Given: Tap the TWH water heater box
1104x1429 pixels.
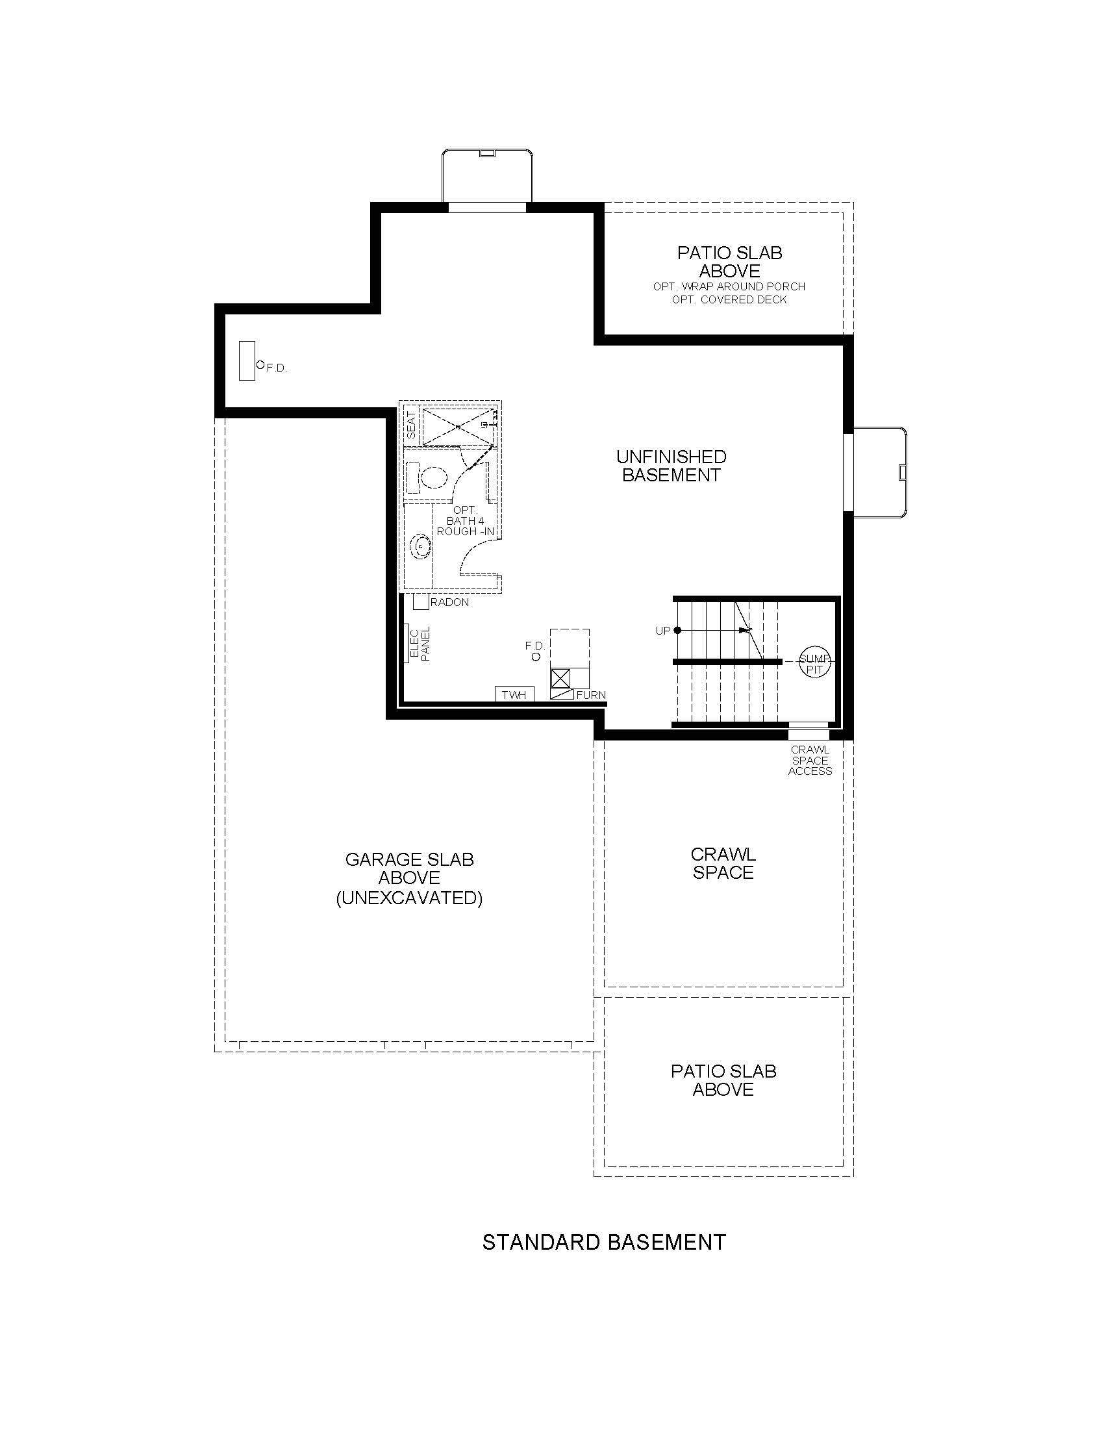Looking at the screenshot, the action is click(514, 694).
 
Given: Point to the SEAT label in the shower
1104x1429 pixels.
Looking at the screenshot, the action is click(411, 425).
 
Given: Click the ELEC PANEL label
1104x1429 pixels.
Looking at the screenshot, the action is click(420, 644).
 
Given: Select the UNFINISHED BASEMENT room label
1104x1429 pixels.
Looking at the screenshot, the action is click(671, 465).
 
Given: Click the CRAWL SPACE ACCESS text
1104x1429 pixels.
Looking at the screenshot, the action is click(810, 761).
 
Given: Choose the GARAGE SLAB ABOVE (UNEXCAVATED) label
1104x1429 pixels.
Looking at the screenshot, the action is click(409, 878).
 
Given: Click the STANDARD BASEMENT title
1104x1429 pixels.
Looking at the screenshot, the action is click(604, 1241).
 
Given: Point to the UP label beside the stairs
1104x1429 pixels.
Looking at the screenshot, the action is click(662, 631).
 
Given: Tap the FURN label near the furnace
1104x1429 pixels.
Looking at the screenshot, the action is click(590, 695).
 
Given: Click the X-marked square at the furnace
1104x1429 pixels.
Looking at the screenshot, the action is click(561, 677).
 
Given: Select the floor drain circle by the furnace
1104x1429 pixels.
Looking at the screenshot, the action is click(536, 656).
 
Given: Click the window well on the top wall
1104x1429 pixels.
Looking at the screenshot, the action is click(486, 175).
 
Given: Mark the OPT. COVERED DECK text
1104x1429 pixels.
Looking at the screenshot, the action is click(729, 299).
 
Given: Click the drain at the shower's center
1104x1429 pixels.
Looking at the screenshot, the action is click(458, 426).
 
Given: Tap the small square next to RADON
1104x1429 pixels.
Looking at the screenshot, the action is click(421, 601).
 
